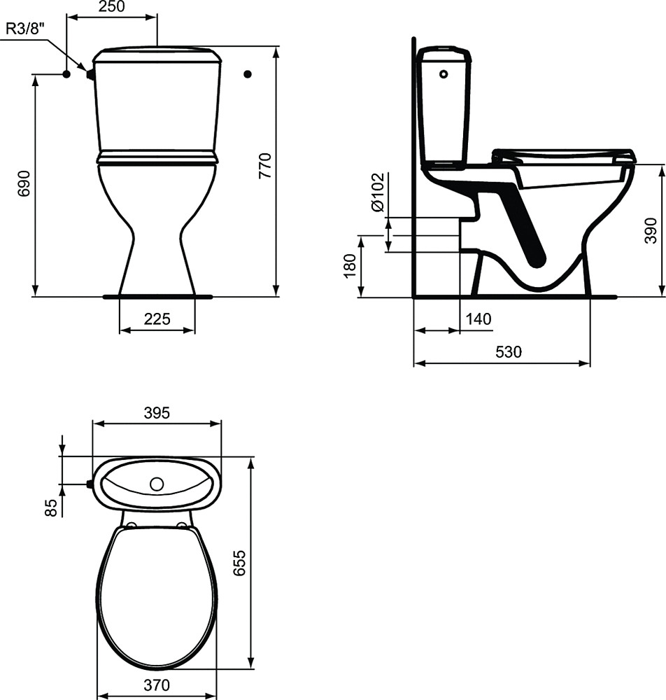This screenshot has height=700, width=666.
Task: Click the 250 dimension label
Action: [111, 6]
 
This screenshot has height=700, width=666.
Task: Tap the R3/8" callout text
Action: [26, 29]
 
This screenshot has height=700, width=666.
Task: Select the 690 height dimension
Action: [24, 183]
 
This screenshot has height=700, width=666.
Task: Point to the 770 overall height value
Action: [264, 166]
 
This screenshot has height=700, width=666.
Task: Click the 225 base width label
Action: [157, 318]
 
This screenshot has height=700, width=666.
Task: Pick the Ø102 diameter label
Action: [377, 192]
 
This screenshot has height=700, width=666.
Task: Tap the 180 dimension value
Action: [350, 265]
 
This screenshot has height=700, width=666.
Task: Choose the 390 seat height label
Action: [651, 231]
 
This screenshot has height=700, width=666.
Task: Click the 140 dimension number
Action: [479, 318]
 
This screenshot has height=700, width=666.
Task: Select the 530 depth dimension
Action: [509, 352]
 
